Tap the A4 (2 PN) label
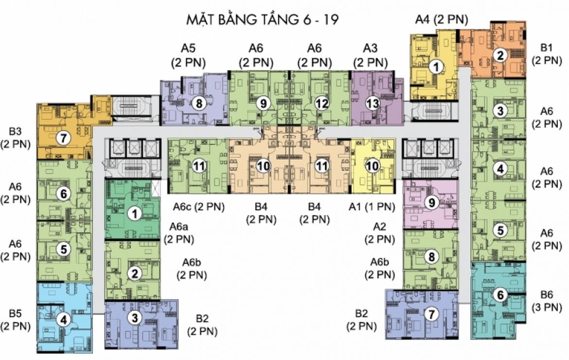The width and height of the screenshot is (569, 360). tap(441, 20)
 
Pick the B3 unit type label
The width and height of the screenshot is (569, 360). tap(16, 137)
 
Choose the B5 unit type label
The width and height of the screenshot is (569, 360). tap(16, 319)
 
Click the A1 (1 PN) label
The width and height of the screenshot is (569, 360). tap(372, 207)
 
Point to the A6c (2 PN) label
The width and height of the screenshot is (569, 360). tap(199, 207)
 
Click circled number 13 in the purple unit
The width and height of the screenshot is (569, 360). tap(373, 103)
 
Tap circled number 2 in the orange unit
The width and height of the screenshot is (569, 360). tap(499, 55)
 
